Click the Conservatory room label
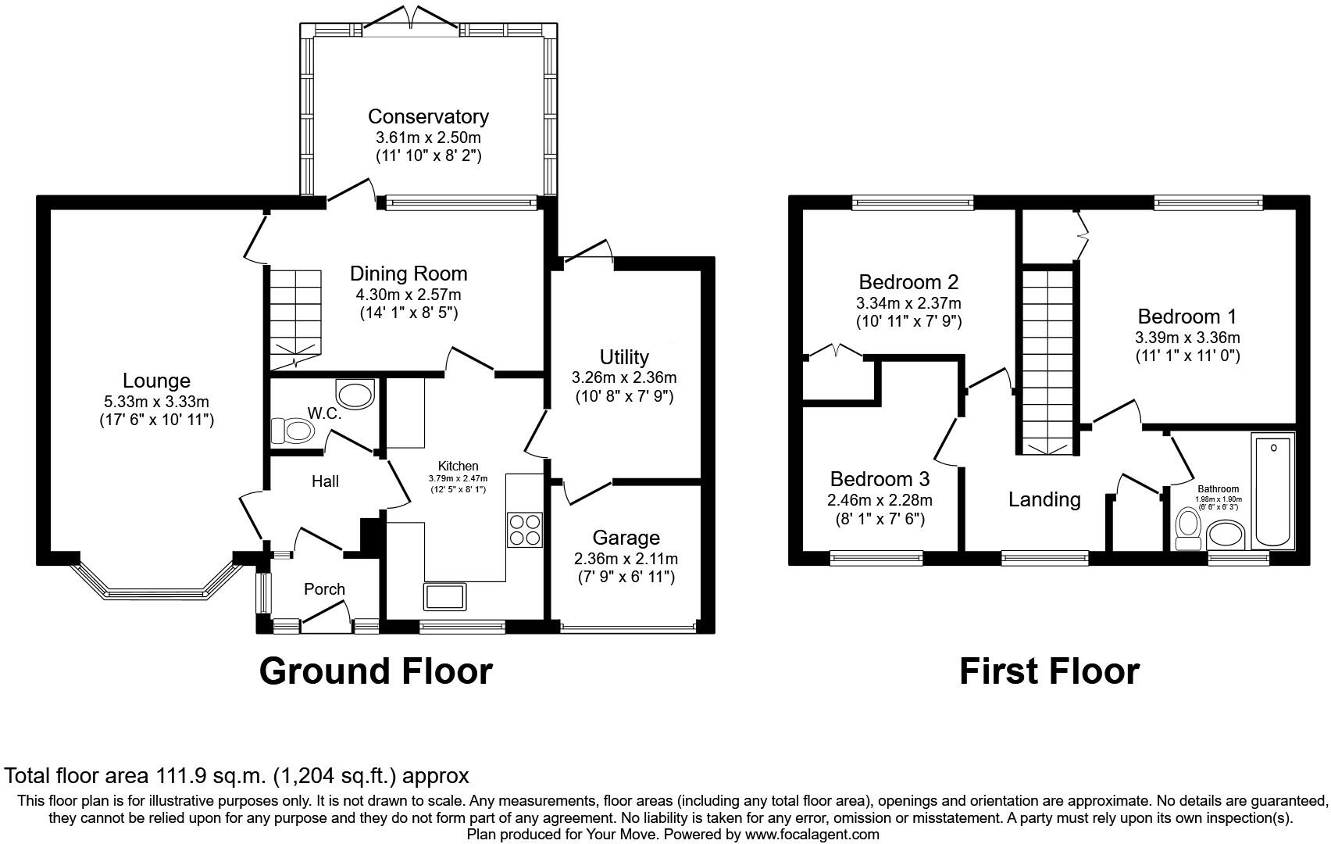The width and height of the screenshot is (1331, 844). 428,116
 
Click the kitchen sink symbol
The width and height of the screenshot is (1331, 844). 444,595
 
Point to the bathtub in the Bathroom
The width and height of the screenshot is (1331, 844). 1273,490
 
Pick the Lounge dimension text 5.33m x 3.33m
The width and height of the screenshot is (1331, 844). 156,402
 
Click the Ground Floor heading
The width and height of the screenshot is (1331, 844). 376,671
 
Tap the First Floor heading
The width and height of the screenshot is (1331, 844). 1049,671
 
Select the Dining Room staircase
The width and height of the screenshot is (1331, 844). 296,318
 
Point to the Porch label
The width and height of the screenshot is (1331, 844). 324,589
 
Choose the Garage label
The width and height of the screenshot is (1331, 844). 626,538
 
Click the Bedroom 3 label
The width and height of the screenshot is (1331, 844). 880,479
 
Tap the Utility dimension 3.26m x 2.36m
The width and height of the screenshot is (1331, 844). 624,377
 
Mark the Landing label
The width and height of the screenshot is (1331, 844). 1044,499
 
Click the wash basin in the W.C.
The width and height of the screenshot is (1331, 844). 355,392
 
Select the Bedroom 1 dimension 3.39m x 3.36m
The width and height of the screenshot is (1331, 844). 1186,338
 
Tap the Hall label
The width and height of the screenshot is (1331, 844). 325,481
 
